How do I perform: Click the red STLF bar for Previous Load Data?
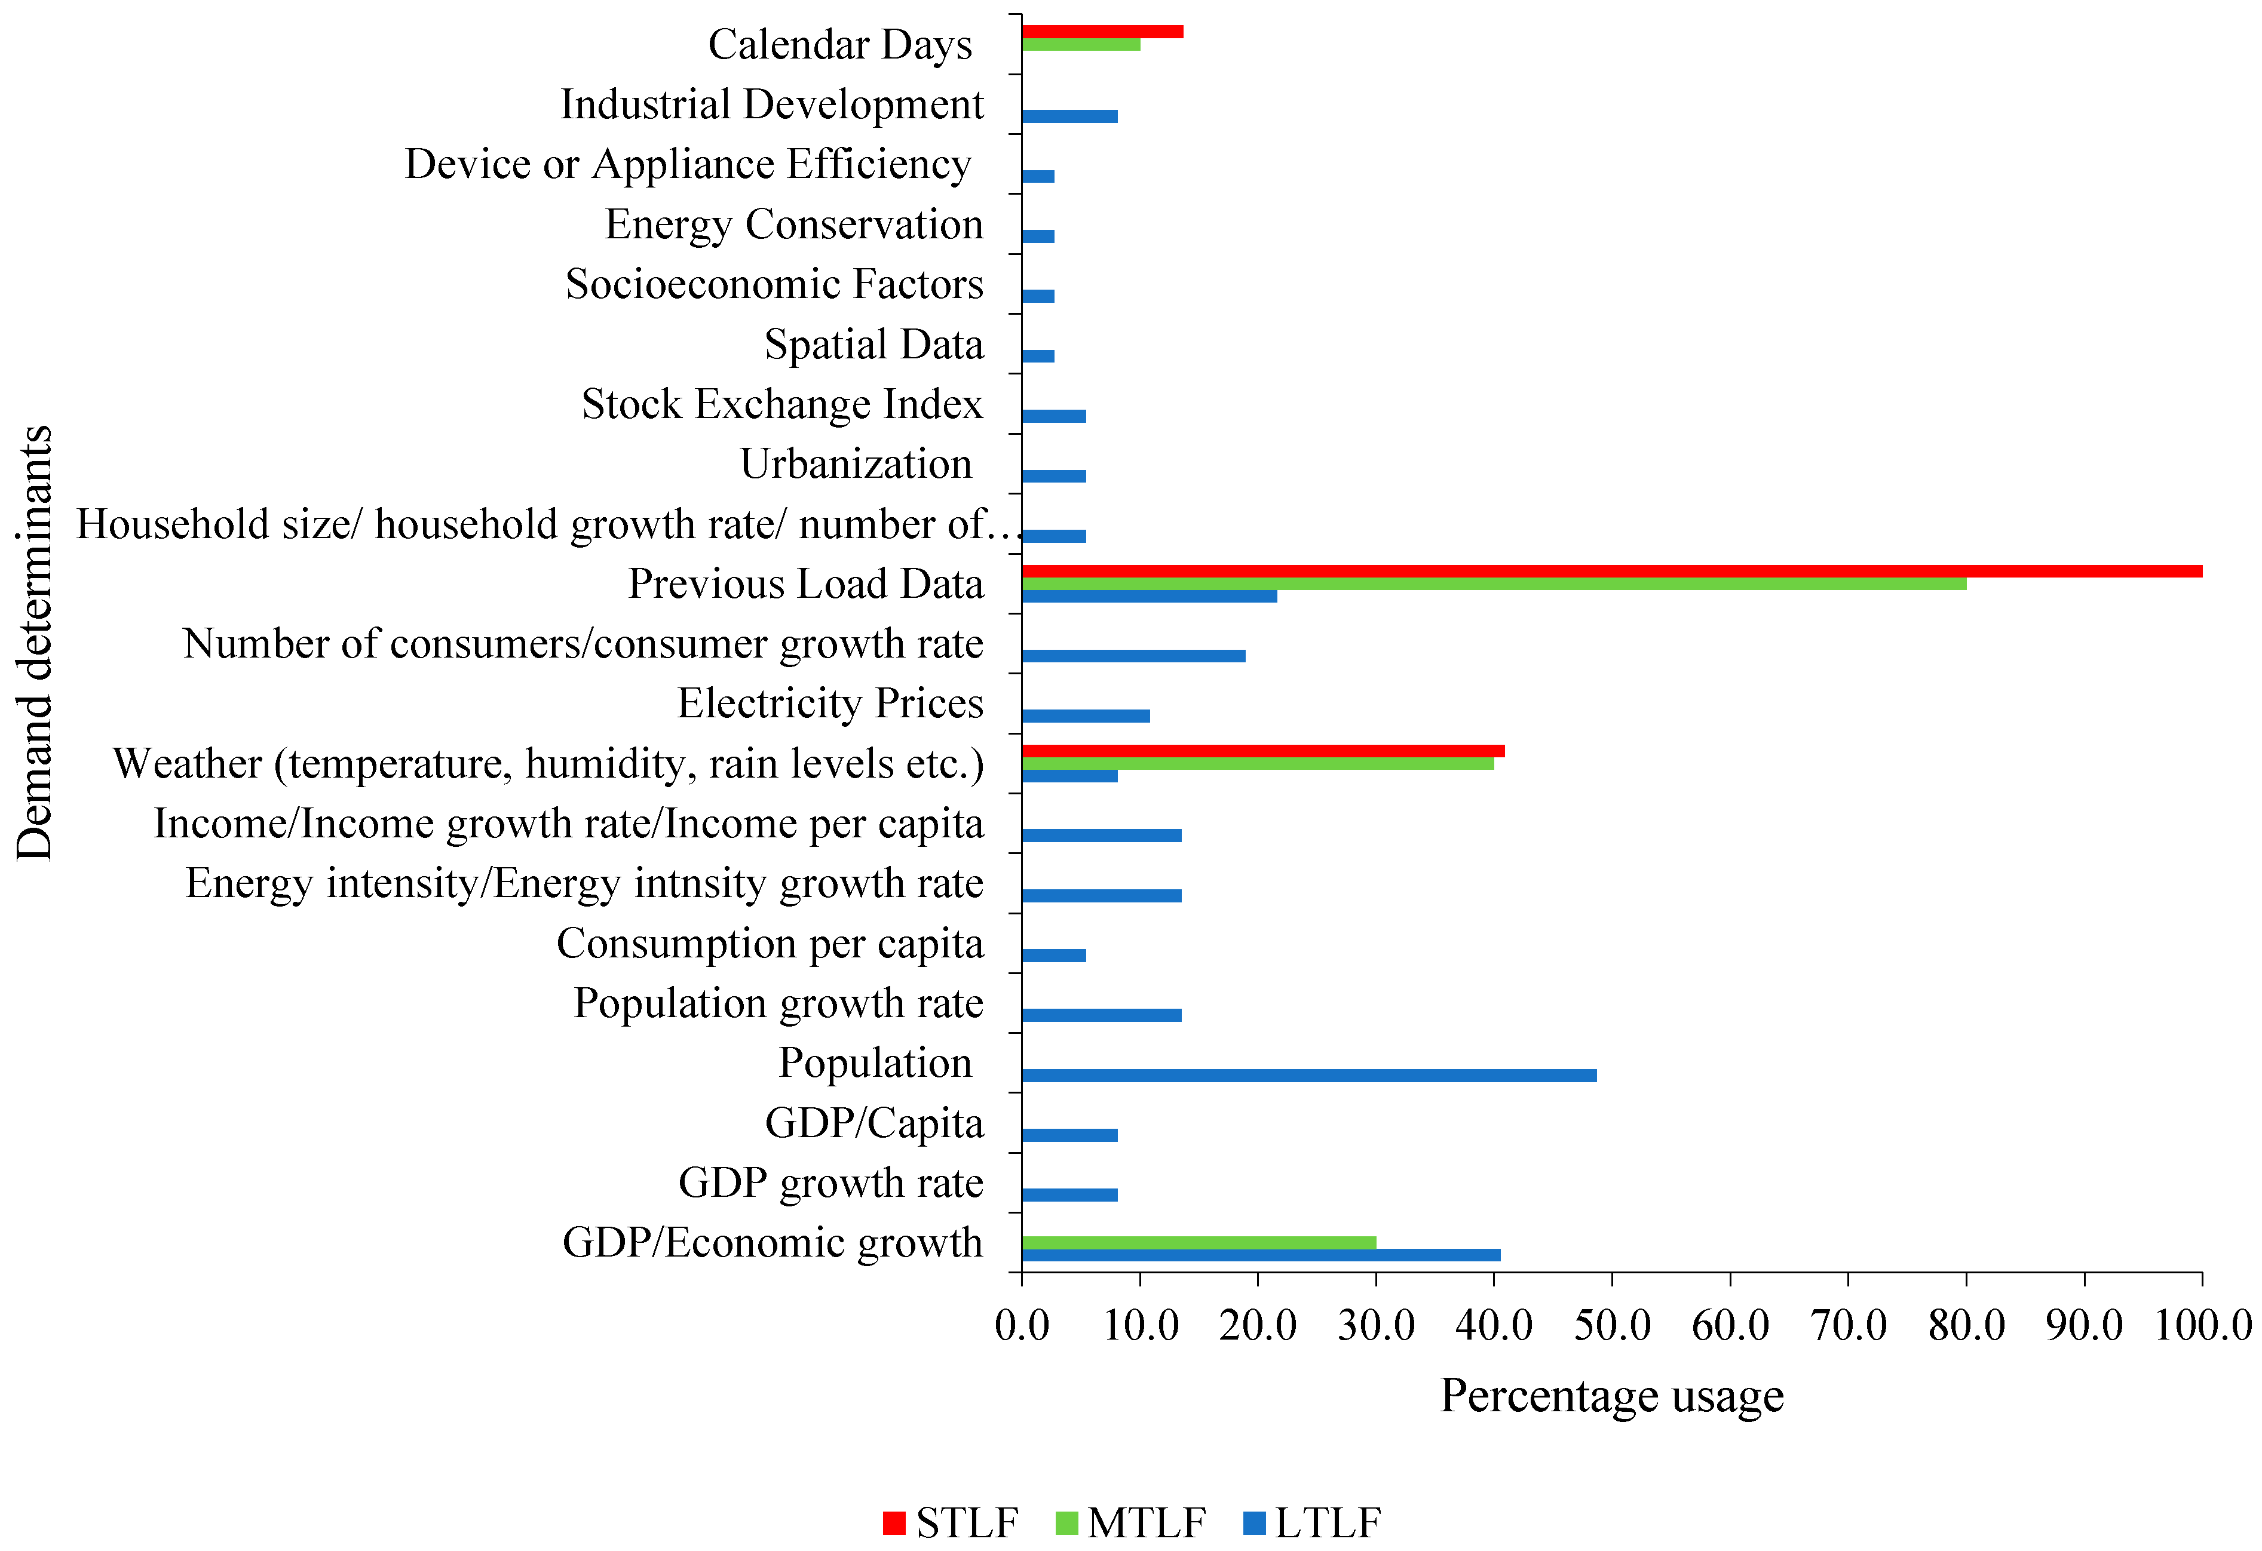click(x=1606, y=571)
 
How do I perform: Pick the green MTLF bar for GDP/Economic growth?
click(x=1198, y=1243)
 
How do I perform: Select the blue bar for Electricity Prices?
click(x=1085, y=716)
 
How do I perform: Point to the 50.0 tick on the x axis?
click(x=1612, y=1325)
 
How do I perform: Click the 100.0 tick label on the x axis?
click(x=2202, y=1325)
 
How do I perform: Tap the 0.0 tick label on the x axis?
click(x=1022, y=1325)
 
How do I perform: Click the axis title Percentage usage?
click(x=1612, y=1395)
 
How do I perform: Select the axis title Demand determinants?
click(x=35, y=642)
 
